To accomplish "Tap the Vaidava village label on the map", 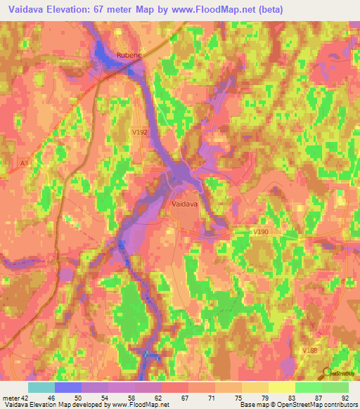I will click(184, 204).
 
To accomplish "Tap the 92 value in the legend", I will click(345, 396).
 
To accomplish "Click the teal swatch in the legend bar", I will click(41, 387).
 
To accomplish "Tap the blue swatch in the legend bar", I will click(68, 387).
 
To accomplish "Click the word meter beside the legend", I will click(12, 396).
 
